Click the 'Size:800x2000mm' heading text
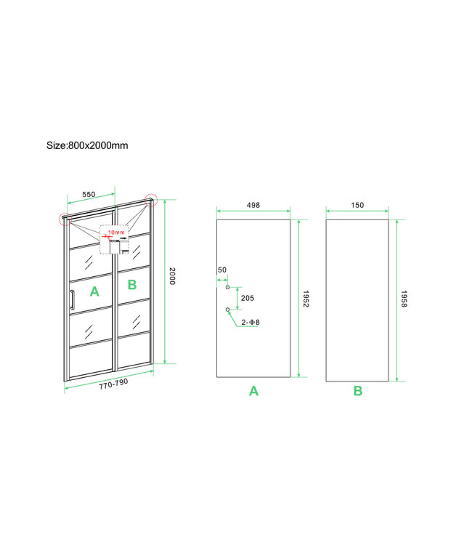point(87,145)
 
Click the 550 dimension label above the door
point(89,195)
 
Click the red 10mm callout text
point(117,233)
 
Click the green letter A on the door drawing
point(94,291)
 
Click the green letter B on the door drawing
point(131,284)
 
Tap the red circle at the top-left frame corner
point(65,219)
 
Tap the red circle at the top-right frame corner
point(151,199)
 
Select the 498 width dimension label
point(253,206)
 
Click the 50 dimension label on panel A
point(221,270)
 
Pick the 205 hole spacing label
point(248,299)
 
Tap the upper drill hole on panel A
point(228,288)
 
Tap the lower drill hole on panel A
point(228,310)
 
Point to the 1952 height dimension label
point(306,299)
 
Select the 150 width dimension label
point(357,206)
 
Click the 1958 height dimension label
point(404,299)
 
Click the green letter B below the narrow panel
point(358,391)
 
